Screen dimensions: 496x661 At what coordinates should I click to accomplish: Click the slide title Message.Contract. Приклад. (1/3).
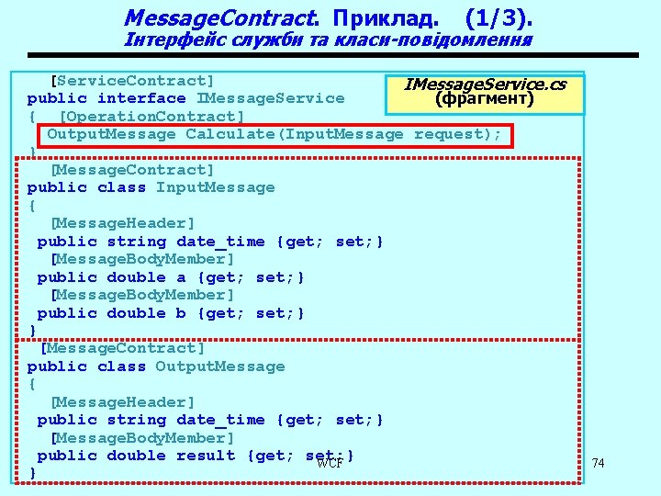point(328,17)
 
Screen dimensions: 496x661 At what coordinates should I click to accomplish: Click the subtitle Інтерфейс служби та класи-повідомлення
point(328,40)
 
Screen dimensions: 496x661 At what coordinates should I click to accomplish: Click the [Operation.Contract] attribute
point(151,117)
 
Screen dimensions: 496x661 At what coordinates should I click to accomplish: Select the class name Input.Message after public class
point(215,187)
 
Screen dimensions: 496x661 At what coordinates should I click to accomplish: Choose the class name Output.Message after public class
point(220,366)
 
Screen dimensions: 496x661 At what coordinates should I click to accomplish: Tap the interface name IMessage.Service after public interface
point(271,98)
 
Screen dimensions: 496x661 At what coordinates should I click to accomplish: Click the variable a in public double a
point(181,277)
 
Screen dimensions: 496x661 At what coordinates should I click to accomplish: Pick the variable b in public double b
point(181,313)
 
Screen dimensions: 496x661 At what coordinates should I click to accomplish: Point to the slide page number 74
point(599,463)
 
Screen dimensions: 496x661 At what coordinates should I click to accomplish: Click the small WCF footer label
point(330,463)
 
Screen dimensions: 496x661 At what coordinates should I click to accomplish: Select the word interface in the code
point(141,98)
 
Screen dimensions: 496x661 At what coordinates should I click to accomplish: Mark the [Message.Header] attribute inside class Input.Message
point(122,223)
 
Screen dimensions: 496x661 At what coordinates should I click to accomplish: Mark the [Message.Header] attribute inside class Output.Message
point(122,402)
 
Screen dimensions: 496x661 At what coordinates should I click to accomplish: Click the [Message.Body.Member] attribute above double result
point(136,438)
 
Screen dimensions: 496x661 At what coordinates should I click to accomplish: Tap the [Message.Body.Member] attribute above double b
point(142,295)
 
